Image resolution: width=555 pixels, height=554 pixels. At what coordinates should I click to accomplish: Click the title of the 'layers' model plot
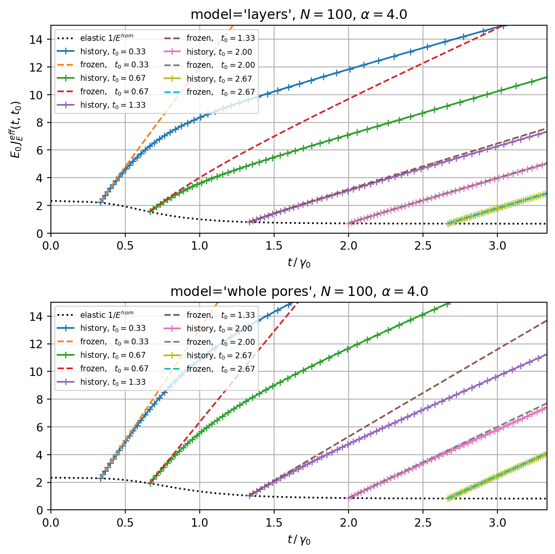(299, 15)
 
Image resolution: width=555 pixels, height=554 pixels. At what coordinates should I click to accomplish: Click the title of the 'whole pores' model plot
(299, 291)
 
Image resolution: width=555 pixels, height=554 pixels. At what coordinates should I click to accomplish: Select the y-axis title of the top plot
(16, 129)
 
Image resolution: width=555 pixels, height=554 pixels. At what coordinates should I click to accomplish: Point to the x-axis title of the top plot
(299, 263)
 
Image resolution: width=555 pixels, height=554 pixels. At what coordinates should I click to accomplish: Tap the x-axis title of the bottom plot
(299, 540)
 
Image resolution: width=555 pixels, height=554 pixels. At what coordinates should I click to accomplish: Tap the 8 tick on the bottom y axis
(42, 399)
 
